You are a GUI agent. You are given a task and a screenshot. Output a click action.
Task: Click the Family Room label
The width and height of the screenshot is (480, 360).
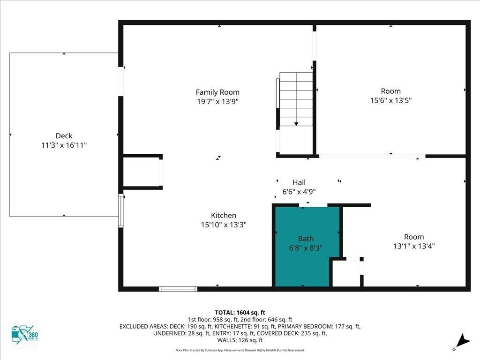tap(217, 92)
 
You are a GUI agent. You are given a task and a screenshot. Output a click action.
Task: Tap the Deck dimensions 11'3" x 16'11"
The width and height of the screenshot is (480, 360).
tap(64, 145)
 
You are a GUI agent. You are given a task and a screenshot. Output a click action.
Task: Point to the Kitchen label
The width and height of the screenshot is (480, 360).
tap(224, 215)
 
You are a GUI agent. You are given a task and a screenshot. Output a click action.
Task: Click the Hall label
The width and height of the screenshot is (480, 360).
tap(299, 182)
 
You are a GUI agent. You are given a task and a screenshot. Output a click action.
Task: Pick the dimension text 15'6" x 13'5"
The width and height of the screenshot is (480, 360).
tap(391, 100)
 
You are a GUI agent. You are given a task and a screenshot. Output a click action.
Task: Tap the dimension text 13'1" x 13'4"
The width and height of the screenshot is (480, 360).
tap(414, 246)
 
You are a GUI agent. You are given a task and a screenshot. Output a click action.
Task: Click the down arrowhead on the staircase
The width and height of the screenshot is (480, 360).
tap(296, 124)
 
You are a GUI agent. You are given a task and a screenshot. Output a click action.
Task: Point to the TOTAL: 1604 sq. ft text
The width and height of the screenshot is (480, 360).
tap(240, 313)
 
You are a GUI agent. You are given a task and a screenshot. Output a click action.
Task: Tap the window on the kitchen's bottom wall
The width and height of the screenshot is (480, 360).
tap(178, 289)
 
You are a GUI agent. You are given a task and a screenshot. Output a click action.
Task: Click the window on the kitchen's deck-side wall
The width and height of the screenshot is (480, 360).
tap(121, 211)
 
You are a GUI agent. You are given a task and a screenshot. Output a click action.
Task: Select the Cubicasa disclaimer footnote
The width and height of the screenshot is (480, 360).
tap(240, 350)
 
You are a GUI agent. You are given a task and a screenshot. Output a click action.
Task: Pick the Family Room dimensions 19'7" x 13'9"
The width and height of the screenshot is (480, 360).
tap(217, 101)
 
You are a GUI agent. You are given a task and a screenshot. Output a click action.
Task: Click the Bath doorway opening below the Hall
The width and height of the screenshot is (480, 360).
tap(313, 205)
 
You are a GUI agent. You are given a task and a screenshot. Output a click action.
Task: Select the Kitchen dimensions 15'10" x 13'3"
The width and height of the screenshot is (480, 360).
tap(224, 225)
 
